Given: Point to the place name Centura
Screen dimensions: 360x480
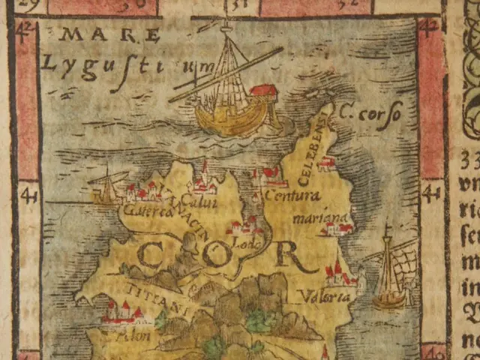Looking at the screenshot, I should [x=293, y=196].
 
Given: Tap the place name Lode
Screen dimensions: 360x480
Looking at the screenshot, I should [x=244, y=242].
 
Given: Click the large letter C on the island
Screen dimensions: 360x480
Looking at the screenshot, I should [x=153, y=255].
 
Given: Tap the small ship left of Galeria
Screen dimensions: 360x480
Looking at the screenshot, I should [x=106, y=187].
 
